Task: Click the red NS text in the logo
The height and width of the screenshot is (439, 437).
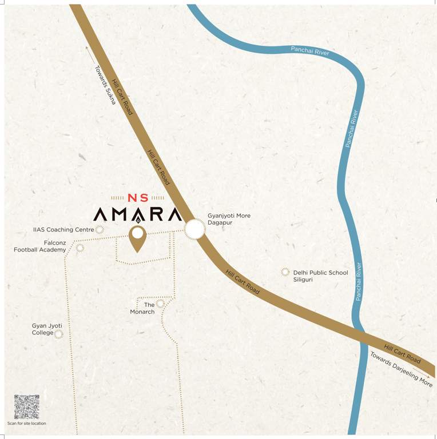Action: click(x=137, y=198)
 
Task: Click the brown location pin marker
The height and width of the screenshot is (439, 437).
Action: click(x=137, y=238)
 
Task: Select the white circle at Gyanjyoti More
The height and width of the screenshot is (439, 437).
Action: click(x=194, y=230)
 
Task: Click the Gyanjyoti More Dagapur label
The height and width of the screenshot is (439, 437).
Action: click(x=229, y=219)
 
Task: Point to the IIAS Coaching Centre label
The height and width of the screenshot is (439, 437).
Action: click(x=63, y=230)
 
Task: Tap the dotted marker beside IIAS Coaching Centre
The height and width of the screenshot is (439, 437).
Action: click(x=100, y=230)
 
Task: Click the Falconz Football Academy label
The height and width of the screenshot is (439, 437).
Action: click(x=40, y=246)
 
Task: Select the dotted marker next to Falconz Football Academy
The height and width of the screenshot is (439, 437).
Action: click(x=80, y=248)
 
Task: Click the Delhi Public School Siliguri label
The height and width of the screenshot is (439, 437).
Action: click(x=320, y=277)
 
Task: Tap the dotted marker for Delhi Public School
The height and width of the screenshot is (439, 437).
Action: click(x=285, y=272)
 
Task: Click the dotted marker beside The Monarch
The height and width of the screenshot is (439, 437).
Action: click(x=161, y=304)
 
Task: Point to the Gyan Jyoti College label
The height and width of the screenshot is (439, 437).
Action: click(x=46, y=329)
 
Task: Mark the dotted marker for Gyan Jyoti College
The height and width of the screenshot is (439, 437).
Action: click(x=59, y=333)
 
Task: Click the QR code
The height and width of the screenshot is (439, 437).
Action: click(x=27, y=406)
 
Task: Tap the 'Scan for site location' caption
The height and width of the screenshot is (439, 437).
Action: click(x=27, y=424)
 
